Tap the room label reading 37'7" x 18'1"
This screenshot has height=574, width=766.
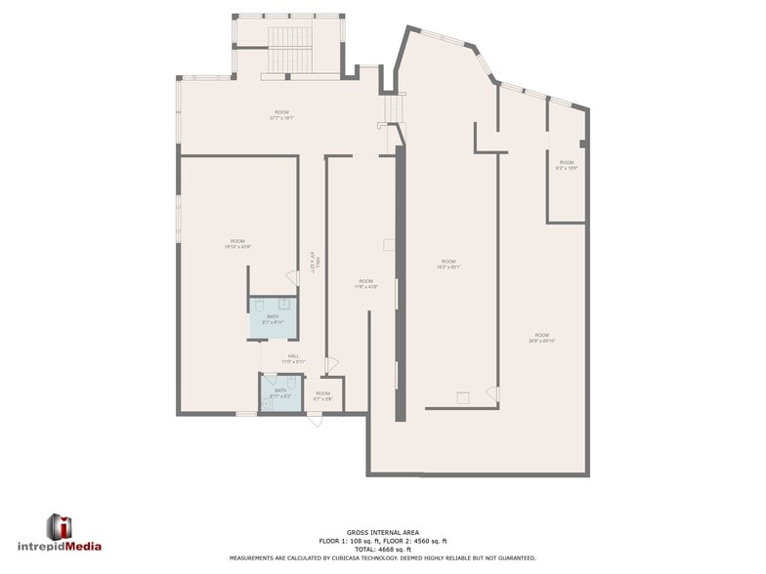tap(281, 115)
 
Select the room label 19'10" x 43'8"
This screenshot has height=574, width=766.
tap(237, 244)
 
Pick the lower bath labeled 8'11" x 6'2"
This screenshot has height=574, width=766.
tap(279, 393)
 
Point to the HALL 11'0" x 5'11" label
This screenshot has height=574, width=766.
tap(294, 358)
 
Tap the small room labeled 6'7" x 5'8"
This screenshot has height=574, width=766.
tap(322, 396)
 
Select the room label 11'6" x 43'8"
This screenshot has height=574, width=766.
tap(364, 284)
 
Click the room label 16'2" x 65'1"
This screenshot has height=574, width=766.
tap(448, 264)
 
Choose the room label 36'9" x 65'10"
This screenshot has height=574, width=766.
tap(541, 338)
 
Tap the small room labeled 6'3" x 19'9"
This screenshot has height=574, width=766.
tap(567, 165)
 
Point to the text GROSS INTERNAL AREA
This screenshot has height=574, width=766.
tap(382, 533)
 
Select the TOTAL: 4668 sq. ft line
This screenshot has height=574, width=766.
tap(382, 549)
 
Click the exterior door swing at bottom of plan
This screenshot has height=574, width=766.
tap(314, 419)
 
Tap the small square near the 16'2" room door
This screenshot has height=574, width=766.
tap(462, 395)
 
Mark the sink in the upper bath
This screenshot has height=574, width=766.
tap(284, 305)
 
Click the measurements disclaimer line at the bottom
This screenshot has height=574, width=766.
tap(382, 557)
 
